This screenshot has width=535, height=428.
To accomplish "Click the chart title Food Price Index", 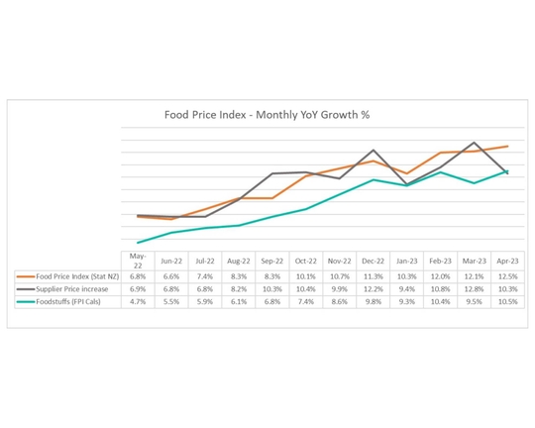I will click(x=267, y=114).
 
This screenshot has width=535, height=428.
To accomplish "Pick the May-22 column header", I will click(x=138, y=261).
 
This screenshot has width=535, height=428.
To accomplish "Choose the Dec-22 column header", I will click(x=373, y=261).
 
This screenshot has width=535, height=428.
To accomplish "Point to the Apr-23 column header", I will click(x=507, y=261).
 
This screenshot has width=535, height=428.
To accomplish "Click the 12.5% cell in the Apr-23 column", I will click(x=507, y=275).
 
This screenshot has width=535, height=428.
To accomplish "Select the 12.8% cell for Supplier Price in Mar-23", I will click(x=474, y=287).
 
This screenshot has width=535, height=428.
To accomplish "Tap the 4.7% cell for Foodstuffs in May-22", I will click(x=138, y=300).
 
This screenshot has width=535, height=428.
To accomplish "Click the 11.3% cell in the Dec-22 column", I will click(x=373, y=275).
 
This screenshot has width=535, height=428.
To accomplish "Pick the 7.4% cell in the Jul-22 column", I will click(x=205, y=275).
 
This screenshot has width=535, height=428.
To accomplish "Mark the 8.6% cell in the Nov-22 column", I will click(x=339, y=300).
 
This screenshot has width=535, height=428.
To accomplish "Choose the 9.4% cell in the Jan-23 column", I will click(x=406, y=287).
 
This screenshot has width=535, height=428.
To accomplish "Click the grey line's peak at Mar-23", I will click(x=475, y=143).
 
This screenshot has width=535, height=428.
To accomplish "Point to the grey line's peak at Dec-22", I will click(x=373, y=151).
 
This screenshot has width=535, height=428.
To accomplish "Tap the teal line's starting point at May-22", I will click(x=138, y=243).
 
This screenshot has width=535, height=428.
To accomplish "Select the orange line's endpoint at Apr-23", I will click(x=508, y=147).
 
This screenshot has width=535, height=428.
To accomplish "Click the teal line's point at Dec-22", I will click(x=373, y=179).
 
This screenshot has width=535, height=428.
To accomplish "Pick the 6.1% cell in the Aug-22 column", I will click(x=239, y=300).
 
